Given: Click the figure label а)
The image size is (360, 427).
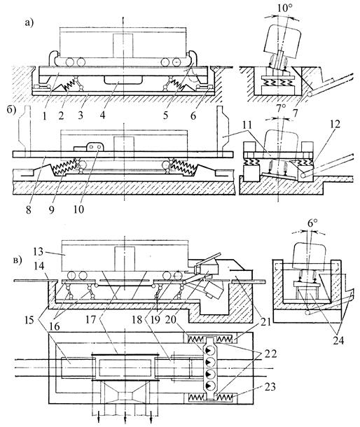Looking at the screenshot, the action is tap(29, 23).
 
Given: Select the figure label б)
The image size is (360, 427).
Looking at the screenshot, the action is tap(13, 111).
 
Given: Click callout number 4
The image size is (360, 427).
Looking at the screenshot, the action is tap(102, 115).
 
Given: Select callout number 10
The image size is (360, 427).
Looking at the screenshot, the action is tap(78, 209).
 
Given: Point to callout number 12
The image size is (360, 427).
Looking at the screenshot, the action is tap(335, 124).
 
